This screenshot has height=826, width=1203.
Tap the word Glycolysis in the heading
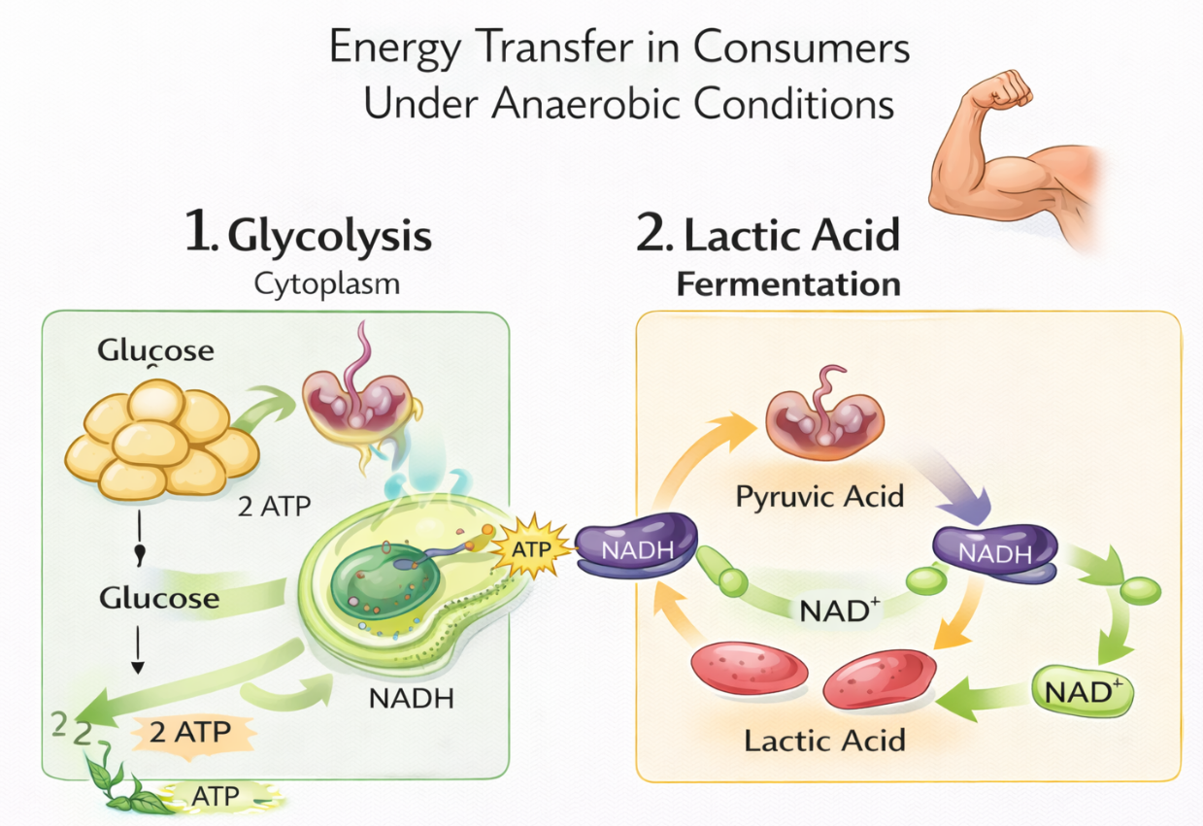(329, 236)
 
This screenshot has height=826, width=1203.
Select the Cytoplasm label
(327, 284)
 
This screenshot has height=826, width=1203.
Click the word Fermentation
(787, 284)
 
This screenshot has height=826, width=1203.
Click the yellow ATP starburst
(530, 549)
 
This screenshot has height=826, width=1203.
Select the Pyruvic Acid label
(820, 497)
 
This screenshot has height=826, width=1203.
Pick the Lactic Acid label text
(824, 741)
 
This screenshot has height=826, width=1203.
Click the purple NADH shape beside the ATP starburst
(636, 551)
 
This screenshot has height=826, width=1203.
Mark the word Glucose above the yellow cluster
(155, 351)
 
